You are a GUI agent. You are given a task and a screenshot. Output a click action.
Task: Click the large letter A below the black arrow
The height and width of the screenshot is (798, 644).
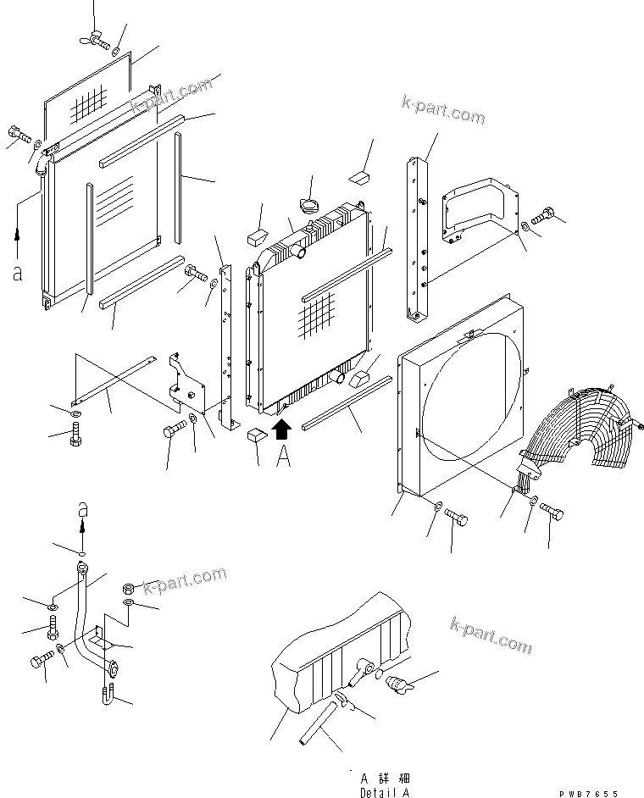tap(284, 457)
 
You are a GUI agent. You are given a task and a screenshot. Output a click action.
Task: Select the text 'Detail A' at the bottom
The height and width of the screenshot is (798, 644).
tap(383, 792)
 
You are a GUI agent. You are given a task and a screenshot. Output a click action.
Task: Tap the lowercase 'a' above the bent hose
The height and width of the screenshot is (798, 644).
tap(82, 509)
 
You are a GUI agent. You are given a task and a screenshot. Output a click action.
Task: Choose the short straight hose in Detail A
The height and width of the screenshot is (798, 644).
tap(318, 725)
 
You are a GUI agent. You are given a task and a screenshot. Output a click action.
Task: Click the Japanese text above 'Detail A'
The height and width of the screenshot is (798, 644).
tap(383, 777)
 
